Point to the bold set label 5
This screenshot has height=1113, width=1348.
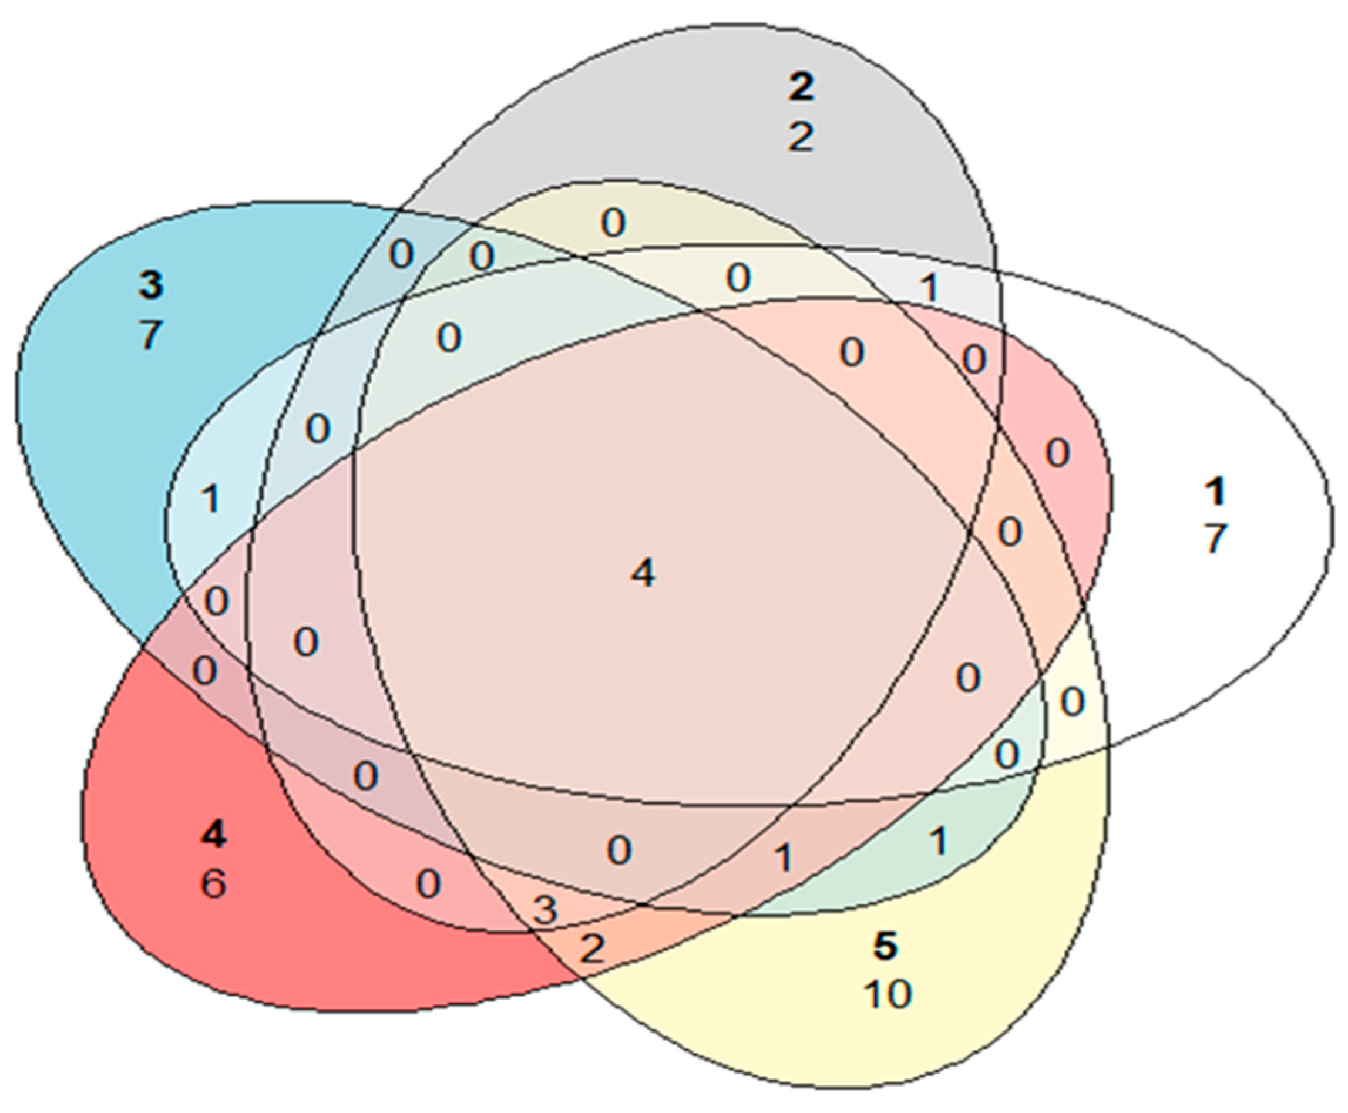885,946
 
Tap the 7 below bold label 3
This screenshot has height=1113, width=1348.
150,334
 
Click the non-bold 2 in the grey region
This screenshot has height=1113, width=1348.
801,137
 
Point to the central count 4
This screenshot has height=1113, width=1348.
643,573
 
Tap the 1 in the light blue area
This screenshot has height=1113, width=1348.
210,499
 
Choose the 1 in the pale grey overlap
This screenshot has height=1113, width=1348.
929,288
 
